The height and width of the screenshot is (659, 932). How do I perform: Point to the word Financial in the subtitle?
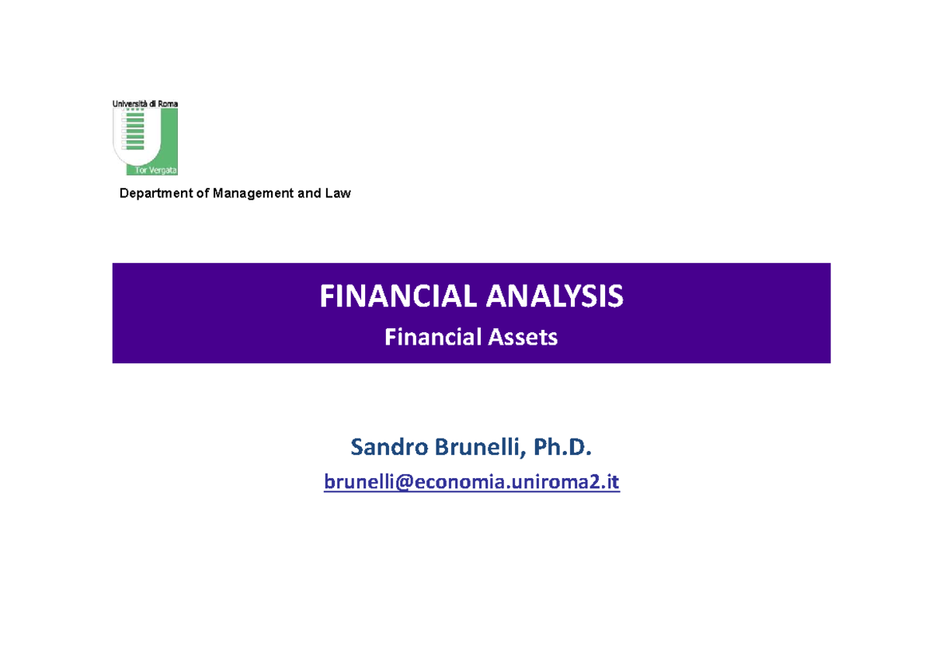(430, 338)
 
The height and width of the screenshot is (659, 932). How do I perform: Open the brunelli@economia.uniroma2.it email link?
(471, 483)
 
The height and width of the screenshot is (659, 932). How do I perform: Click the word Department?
(155, 193)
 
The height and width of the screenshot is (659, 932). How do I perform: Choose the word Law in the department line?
(339, 193)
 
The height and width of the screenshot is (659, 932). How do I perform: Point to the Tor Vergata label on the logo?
(158, 171)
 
